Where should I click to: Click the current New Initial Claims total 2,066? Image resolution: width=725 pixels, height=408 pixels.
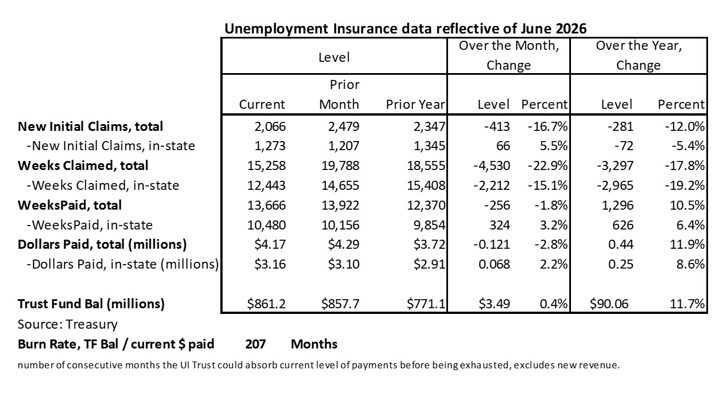click(x=270, y=126)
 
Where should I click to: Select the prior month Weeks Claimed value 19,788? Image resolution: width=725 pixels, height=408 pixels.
click(x=340, y=166)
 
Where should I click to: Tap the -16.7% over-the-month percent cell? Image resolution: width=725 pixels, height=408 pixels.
click(x=548, y=126)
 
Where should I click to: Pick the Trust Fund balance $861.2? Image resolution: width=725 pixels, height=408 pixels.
click(x=266, y=304)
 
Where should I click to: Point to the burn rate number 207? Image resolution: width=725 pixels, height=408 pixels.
click(x=255, y=344)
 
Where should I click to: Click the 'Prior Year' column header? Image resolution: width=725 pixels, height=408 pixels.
click(x=416, y=104)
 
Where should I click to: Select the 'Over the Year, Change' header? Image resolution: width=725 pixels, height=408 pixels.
click(x=638, y=56)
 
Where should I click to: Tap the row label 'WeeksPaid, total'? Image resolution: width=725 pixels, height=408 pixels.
click(x=70, y=205)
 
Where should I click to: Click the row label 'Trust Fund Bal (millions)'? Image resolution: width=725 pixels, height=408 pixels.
click(x=91, y=304)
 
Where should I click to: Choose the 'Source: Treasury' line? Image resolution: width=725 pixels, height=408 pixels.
click(x=67, y=324)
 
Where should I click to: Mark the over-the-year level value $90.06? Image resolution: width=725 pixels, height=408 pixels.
click(x=609, y=304)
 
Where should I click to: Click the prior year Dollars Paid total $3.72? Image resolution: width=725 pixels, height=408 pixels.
click(x=429, y=244)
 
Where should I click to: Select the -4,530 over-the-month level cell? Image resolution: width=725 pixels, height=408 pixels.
click(x=492, y=166)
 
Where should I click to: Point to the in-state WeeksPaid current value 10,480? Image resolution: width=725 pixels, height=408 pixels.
click(x=266, y=225)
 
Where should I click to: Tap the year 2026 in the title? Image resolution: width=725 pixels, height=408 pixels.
click(x=571, y=28)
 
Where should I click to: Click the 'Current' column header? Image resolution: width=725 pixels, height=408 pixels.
click(x=262, y=104)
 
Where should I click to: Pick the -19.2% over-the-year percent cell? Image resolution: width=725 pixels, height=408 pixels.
click(x=685, y=185)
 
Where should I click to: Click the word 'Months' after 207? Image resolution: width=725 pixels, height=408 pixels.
click(x=314, y=344)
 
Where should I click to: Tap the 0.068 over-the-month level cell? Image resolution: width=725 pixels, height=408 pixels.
click(x=494, y=264)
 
